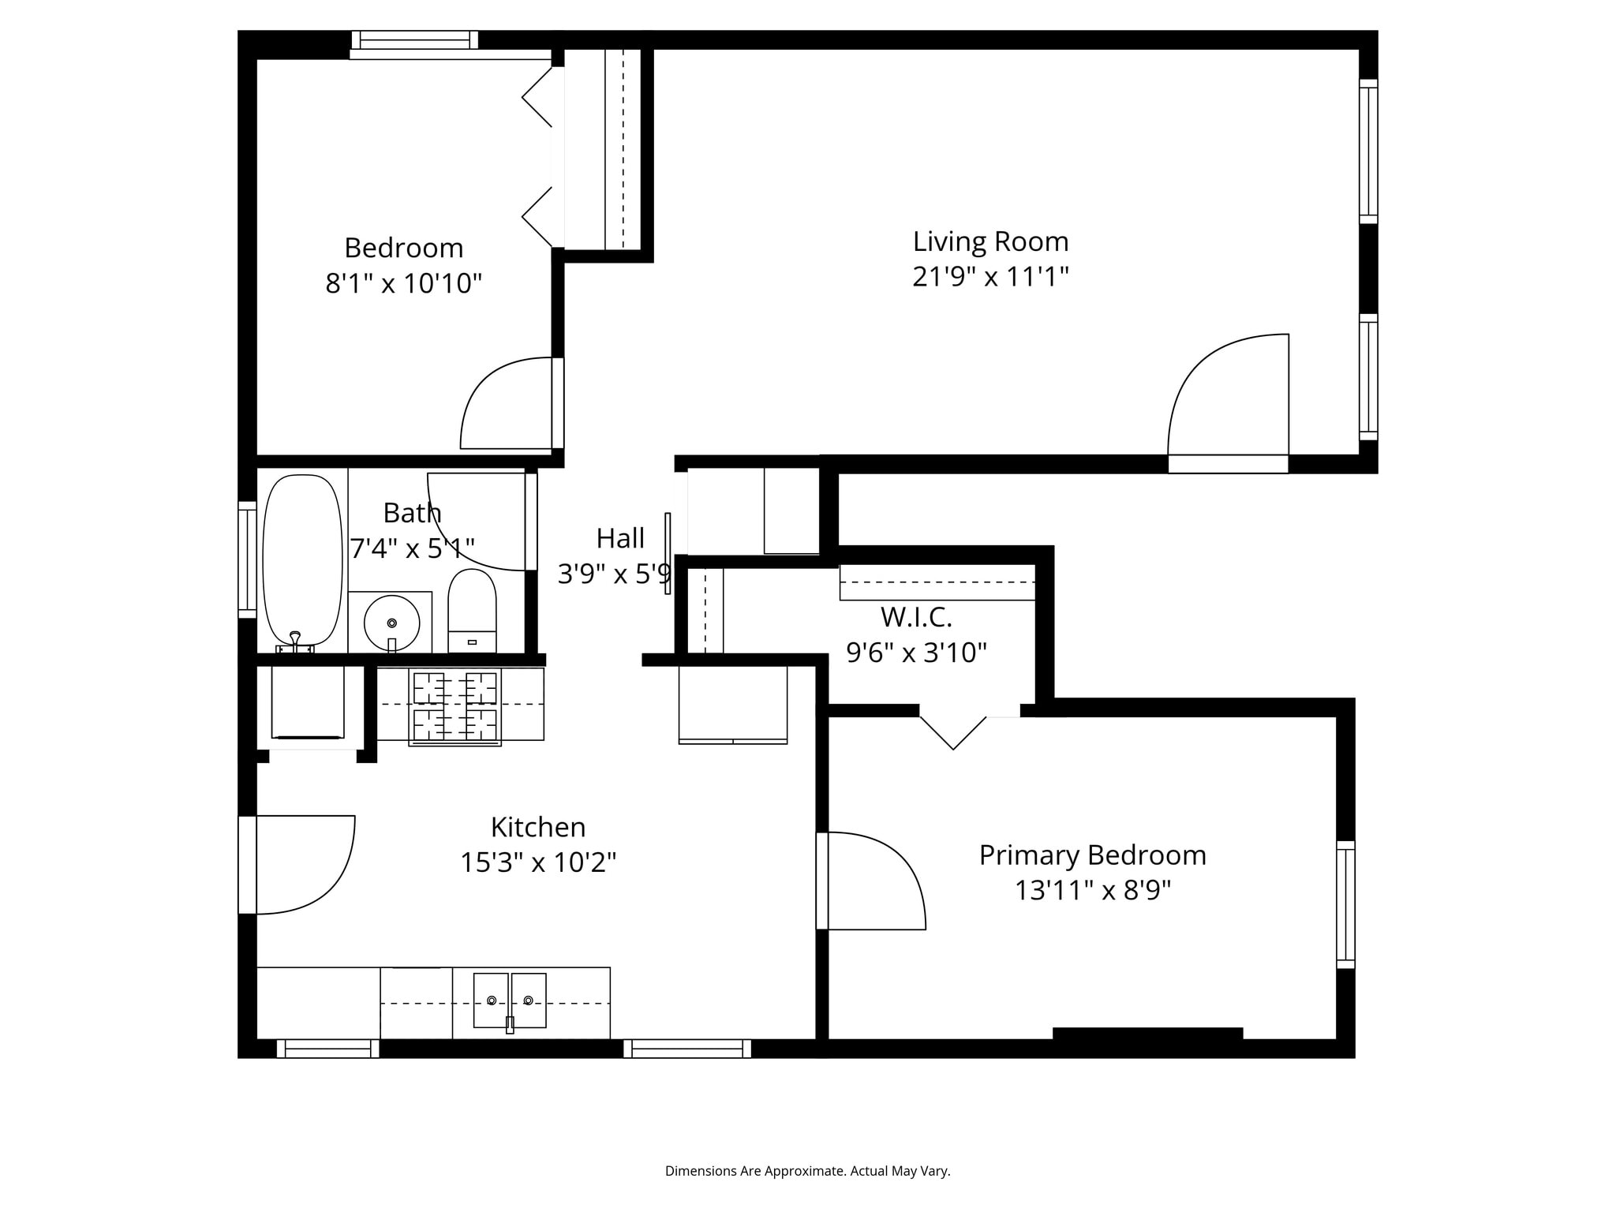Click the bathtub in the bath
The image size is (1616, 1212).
(302, 561)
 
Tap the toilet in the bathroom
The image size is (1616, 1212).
(472, 611)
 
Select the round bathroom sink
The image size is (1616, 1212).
(391, 623)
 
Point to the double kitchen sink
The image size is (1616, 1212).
(510, 1001)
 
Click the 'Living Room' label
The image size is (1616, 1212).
(990, 241)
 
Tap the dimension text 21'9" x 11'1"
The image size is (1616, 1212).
(990, 277)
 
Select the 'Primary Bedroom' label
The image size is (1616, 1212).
(1093, 855)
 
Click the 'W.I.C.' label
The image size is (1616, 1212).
(916, 616)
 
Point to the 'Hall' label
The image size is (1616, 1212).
(620, 539)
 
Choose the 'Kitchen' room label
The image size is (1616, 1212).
(538, 828)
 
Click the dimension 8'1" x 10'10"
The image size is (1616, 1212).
(403, 283)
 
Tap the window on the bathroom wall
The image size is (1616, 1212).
(247, 559)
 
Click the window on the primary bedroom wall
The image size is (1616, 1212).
(1345, 904)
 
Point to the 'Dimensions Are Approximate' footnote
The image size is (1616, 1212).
(807, 1171)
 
